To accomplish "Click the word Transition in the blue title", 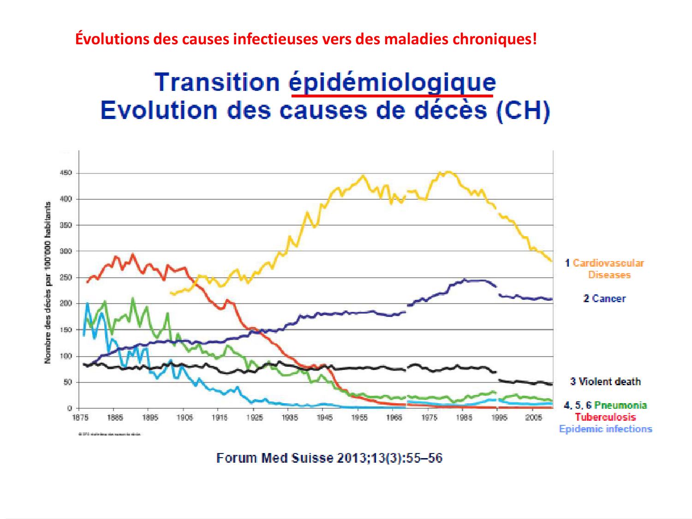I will click(217, 83).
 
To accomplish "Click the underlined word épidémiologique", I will click(392, 83).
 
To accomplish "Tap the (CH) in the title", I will click(523, 111).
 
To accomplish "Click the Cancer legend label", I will click(608, 298).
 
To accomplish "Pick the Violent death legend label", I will click(609, 382).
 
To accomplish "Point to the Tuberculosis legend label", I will click(605, 417).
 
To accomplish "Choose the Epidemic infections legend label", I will click(605, 429).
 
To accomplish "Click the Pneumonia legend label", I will click(620, 405).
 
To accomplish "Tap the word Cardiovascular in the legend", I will click(608, 263).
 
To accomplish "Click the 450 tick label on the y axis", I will click(66, 173).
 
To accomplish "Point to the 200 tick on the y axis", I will click(66, 304).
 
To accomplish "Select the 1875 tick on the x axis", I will click(80, 418).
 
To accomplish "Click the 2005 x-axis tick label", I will click(534, 418).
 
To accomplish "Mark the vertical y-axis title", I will click(48, 282).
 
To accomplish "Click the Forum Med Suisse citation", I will click(329, 458).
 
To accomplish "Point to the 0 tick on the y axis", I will click(70, 408).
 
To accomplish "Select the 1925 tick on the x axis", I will click(254, 418).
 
